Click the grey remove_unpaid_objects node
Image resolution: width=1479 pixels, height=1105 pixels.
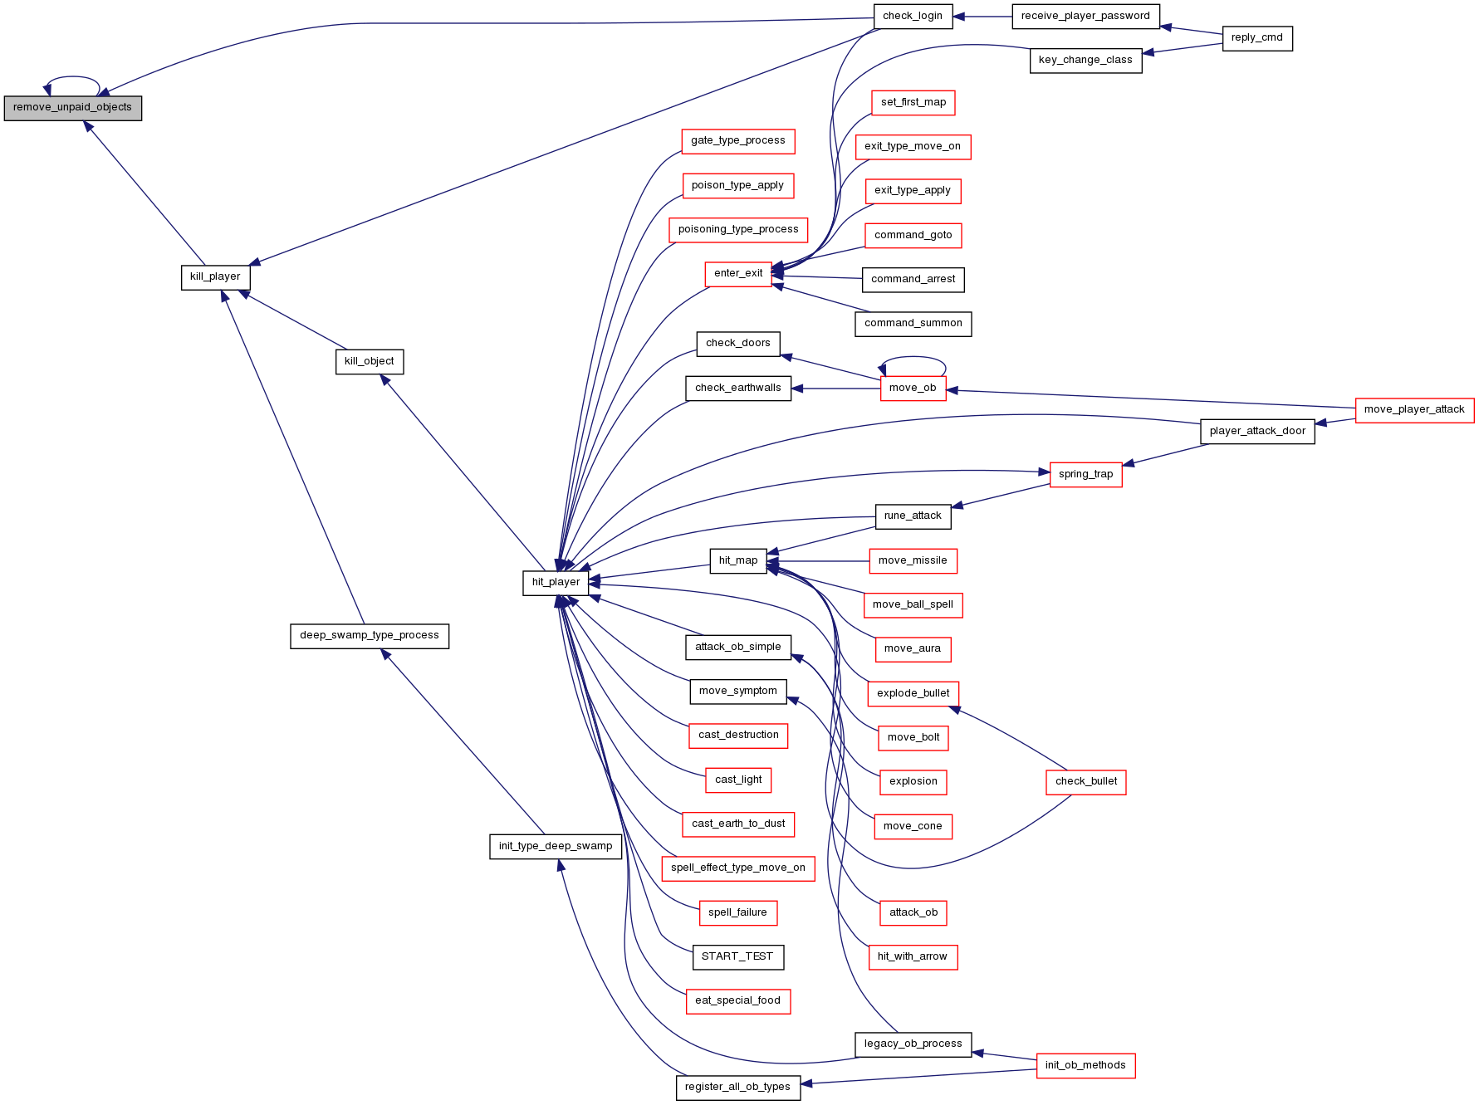coord(73,108)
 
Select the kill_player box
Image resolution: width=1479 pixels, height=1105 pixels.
coord(215,277)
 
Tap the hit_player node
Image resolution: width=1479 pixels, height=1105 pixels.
coord(556,583)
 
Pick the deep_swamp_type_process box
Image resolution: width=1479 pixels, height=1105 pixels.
coord(370,636)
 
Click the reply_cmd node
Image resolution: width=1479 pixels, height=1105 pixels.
coord(1257,38)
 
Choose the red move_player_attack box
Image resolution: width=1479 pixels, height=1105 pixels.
coord(1414,410)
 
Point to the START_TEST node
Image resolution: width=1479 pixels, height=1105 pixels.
coord(737,957)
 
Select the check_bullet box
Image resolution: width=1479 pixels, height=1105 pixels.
coord(1086,782)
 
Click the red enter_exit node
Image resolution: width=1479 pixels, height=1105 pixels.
coord(738,274)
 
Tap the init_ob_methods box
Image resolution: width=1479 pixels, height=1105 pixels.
coord(1085,1066)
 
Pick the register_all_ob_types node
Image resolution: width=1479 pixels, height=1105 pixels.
coord(738,1088)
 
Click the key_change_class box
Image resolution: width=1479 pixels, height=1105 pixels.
coord(1085,61)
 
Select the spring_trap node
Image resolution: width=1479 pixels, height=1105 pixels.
coord(1085,475)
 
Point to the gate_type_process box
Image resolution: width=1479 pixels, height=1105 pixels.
coord(738,141)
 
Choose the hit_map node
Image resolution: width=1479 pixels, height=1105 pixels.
coord(738,561)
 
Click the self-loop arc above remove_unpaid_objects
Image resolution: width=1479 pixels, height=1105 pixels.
coord(73,77)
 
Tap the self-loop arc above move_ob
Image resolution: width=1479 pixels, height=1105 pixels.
coord(913,358)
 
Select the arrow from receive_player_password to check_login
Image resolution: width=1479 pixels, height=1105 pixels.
coord(982,17)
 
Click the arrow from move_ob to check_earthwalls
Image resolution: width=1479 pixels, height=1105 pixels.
coord(835,389)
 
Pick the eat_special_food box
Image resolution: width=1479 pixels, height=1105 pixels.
coord(737,1001)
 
